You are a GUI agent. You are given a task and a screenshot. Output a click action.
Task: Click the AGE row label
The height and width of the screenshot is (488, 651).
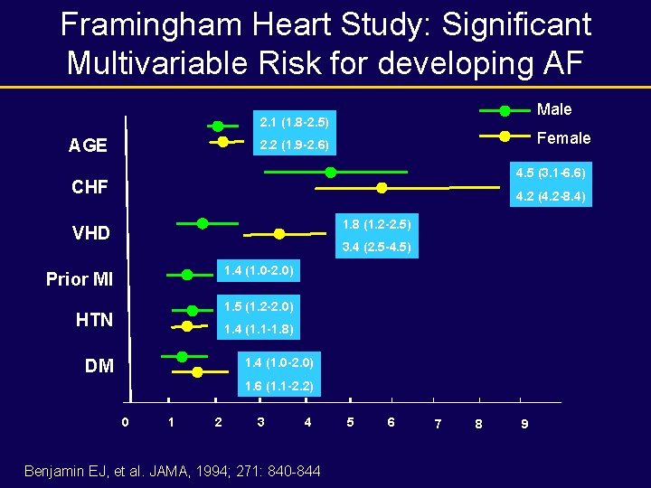(88, 145)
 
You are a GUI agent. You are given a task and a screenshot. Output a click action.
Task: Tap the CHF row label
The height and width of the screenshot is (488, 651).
(90, 188)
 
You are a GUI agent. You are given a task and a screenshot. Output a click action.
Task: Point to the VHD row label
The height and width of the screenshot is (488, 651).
(90, 233)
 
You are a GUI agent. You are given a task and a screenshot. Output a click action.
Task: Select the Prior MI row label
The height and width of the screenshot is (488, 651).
(80, 279)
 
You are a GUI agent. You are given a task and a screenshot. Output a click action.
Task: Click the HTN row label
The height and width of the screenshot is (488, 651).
(94, 320)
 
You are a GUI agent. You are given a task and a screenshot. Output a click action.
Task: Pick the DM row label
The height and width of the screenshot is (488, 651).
(99, 366)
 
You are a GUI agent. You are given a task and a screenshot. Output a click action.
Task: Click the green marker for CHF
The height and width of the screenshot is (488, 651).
(331, 172)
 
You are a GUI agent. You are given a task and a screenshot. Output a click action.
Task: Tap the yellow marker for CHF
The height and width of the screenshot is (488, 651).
(382, 188)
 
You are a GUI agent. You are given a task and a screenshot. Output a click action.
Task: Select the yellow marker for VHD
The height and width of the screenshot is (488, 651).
(279, 233)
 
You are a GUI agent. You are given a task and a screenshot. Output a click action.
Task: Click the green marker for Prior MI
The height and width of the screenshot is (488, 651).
(187, 274)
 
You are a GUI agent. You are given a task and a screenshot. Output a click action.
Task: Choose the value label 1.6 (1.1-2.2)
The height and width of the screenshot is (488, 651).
(278, 387)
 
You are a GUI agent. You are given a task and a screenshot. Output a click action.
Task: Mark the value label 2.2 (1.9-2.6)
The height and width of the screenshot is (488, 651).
(293, 145)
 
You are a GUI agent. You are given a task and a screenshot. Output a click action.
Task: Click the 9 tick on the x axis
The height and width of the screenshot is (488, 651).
(525, 423)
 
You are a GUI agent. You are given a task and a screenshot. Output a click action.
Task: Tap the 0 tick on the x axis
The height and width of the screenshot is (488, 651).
(126, 421)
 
